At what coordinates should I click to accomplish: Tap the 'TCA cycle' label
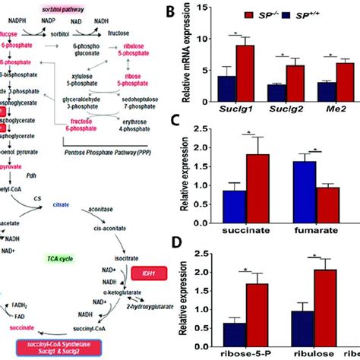[80, 258]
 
